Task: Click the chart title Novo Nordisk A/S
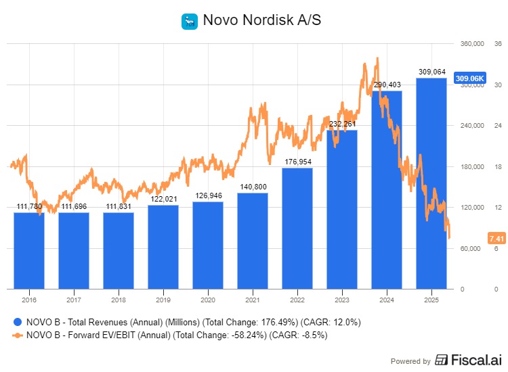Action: (260, 20)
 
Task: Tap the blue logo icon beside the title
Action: (188, 21)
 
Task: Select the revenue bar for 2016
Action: (29, 250)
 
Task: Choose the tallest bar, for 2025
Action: (431, 183)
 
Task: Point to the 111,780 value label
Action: (29, 207)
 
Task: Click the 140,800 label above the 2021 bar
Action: (253, 187)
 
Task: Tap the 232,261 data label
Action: (342, 124)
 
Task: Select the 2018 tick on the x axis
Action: (119, 298)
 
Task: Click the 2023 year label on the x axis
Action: (342, 298)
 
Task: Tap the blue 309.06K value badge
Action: (470, 78)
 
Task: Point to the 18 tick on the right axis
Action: (496, 166)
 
